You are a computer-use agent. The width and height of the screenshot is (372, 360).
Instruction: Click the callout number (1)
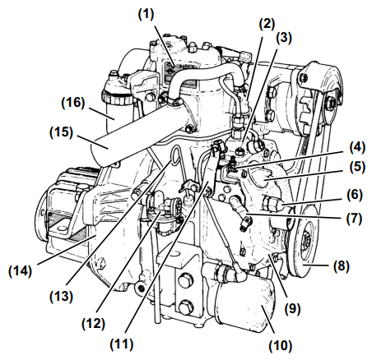pos(146,15)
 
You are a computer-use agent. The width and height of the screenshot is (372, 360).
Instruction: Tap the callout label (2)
pos(267,24)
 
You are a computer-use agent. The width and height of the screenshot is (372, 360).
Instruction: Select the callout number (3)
pos(284,38)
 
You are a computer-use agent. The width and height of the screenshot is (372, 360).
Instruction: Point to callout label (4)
pos(357,148)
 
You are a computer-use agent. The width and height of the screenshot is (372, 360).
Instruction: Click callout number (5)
pos(357,167)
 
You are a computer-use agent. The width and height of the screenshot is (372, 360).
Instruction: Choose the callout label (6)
pos(354,195)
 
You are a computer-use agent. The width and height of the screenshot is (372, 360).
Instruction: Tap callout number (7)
pos(354,219)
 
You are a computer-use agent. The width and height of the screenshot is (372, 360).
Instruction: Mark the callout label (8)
pos(342,266)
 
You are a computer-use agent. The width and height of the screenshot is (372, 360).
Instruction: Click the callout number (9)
pos(292,309)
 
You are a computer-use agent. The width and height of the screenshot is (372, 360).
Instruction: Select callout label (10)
pos(280,345)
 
